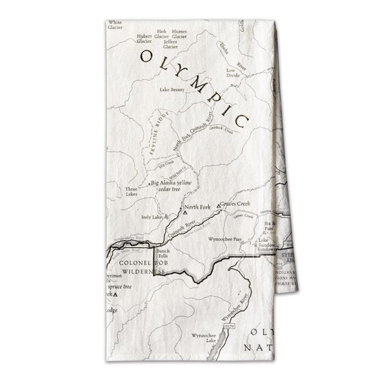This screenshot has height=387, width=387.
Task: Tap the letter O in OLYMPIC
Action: (147, 56)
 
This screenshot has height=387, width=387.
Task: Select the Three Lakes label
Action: (132, 191)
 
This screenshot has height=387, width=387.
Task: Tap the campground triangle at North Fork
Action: (185, 212)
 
